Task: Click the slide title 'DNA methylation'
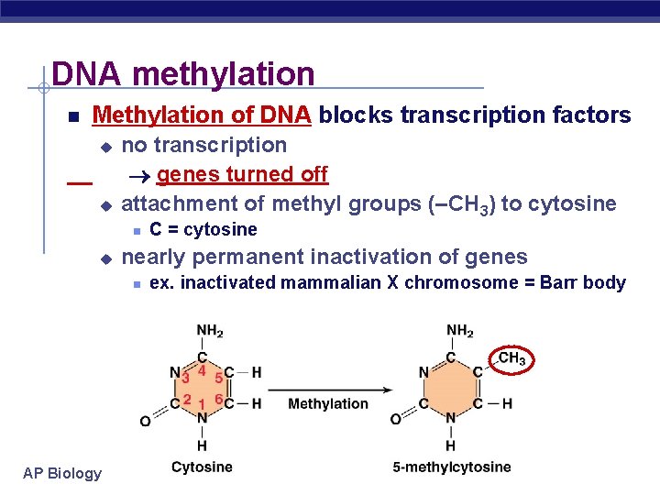click(183, 74)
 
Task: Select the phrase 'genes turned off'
click(242, 174)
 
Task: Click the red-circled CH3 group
click(511, 358)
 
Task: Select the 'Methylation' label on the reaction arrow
click(328, 403)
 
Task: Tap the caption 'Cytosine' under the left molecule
click(202, 467)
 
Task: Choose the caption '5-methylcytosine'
click(452, 467)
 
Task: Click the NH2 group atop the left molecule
click(209, 331)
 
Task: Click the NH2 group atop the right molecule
click(459, 331)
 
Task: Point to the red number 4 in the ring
click(202, 369)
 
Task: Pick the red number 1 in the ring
click(202, 404)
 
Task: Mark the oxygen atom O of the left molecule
click(145, 421)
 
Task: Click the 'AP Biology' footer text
click(63, 473)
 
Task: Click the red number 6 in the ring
click(218, 399)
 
